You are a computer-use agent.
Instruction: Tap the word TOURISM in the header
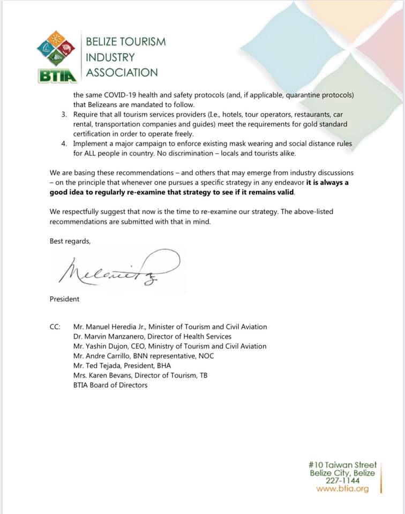click(138, 41)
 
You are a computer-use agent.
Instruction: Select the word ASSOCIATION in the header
click(122, 72)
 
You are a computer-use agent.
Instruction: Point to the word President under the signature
click(64, 299)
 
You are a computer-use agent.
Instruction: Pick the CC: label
click(55, 327)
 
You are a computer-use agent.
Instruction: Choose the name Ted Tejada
click(98, 365)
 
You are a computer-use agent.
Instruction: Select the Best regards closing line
click(70, 241)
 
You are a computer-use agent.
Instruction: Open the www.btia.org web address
click(342, 488)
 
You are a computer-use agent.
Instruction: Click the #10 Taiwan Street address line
click(343, 465)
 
